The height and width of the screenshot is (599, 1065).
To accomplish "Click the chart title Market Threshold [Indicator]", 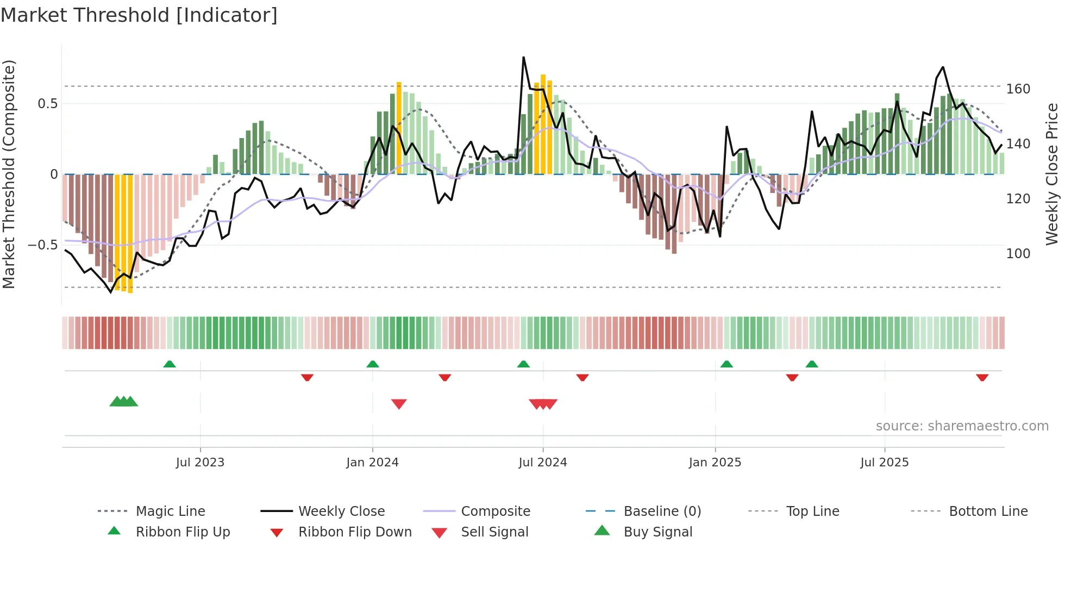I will (x=139, y=15).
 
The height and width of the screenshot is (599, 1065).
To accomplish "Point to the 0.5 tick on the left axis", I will (x=48, y=104).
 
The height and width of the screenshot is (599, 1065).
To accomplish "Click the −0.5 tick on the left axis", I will (x=43, y=245).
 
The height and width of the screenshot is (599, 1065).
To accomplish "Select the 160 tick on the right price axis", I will (x=1018, y=89).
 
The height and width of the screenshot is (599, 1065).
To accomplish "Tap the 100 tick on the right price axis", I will (x=1018, y=254).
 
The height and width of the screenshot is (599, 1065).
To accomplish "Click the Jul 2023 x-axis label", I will (x=200, y=463).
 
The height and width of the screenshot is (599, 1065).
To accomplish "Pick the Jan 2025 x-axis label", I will (x=715, y=463).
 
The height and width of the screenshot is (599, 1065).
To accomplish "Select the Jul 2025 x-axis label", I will (x=884, y=463).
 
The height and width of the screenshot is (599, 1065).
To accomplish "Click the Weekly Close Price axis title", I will (x=1052, y=174).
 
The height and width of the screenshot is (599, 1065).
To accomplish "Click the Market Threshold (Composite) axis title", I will (x=9, y=174).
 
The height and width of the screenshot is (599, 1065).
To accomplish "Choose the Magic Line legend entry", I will (x=170, y=511).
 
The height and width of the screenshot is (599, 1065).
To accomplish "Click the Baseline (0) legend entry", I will (x=662, y=511).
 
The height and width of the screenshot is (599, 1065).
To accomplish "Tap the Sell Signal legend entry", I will (x=494, y=532).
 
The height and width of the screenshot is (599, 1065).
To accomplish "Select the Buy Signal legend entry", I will (x=657, y=532).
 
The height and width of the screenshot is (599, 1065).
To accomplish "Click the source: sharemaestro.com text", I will (x=962, y=426).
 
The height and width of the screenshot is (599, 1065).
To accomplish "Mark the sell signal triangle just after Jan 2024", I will (x=399, y=404).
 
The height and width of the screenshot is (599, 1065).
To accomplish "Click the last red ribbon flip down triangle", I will (x=982, y=377).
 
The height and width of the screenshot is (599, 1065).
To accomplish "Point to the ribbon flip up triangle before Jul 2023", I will (x=170, y=364).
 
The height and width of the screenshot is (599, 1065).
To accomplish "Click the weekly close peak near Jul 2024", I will (x=523, y=57).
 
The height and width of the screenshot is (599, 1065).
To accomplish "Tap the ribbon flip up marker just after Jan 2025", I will (x=726, y=364).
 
